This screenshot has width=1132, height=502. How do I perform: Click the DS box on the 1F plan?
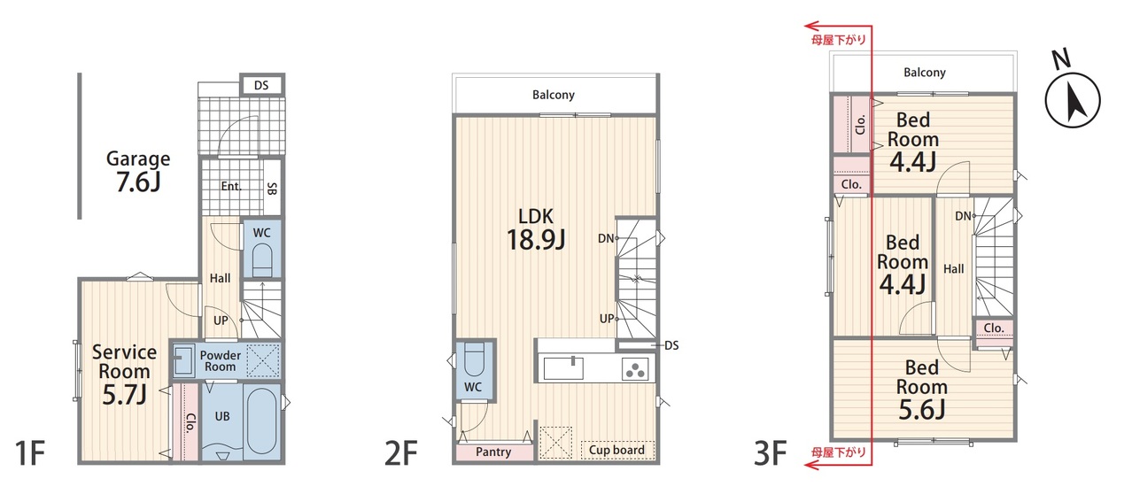pos(262,85)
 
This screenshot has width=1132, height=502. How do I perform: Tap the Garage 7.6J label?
pos(138,172)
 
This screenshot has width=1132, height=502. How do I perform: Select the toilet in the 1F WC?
pos(262,259)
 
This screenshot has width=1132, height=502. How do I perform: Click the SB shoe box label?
pos(272,189)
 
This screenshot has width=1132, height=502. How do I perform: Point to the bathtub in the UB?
pos(262,422)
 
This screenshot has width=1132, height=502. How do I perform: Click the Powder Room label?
pos(221,360)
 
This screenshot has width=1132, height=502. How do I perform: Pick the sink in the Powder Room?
pos(183,360)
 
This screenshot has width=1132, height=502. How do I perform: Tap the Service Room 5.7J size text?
pos(124,395)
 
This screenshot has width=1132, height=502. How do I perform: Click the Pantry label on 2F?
pos(493,452)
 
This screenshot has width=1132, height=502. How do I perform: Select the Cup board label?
pos(616,450)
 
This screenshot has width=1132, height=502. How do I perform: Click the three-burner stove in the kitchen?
pos(635,368)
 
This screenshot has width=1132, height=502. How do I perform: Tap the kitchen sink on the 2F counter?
pos(563,368)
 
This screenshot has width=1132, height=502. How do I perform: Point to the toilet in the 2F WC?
pos(474,359)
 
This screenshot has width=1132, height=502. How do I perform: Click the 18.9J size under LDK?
pos(536,239)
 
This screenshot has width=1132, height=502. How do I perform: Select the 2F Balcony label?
pos(554,95)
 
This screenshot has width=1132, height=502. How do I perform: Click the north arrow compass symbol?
pos(1073,99)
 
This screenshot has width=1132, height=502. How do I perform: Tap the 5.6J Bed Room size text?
pos(922,409)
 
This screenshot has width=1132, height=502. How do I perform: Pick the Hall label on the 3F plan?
pos(954,269)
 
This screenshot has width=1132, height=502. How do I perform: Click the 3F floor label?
pos(770,452)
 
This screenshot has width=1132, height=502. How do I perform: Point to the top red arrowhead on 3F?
pos(811,26)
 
